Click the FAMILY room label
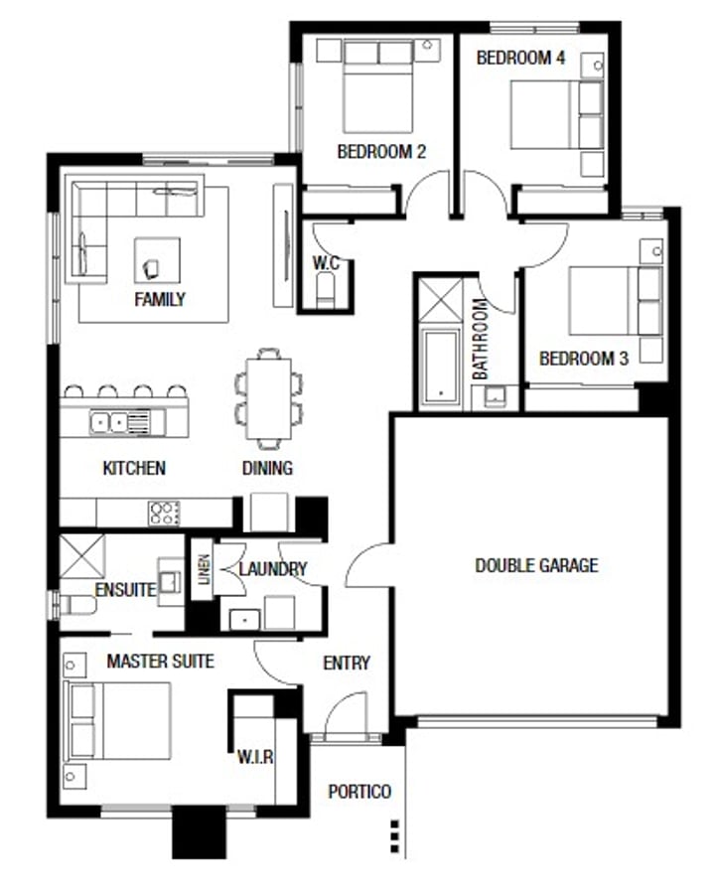(159, 298)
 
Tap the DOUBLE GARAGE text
(536, 565)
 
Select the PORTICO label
(359, 792)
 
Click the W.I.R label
(256, 757)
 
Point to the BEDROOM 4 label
(520, 58)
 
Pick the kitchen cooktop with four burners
(164, 513)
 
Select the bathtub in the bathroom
(441, 365)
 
